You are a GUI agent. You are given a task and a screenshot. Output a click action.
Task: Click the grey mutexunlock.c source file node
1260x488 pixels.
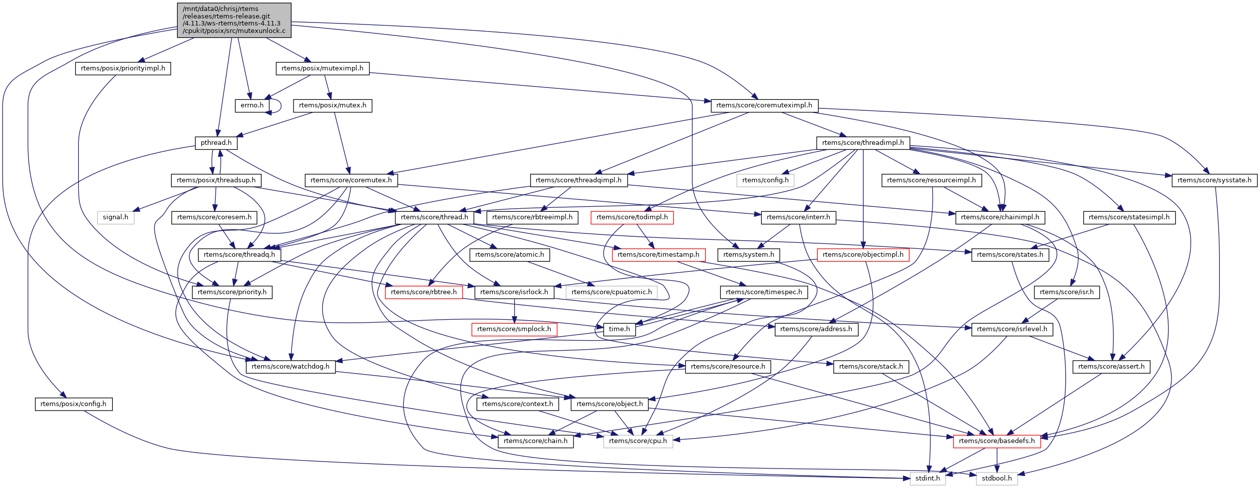[234, 20]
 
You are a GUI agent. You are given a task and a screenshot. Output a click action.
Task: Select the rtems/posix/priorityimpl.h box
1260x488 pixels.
[123, 68]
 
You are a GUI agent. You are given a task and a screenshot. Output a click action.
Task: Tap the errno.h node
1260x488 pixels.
[252, 105]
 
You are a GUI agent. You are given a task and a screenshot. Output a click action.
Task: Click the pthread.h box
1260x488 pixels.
[216, 143]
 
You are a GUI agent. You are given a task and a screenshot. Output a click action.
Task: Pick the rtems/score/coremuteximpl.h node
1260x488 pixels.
[764, 105]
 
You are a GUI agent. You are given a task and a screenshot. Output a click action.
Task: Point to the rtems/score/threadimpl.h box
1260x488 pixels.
[863, 143]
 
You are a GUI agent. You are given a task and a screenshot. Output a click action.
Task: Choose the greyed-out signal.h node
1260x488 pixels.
[115, 217]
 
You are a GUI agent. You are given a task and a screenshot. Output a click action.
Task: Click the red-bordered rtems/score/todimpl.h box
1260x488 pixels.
[632, 217]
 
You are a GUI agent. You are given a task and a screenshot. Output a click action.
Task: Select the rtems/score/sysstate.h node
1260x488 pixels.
[1214, 180]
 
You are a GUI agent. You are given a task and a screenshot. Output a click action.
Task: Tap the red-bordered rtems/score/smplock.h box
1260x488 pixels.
[514, 329]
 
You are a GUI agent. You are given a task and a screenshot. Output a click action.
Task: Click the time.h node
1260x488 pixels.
[619, 329]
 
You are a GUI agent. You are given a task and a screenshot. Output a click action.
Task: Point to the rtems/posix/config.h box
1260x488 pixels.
[73, 404]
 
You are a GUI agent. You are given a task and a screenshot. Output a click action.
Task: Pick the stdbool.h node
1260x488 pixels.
[996, 479]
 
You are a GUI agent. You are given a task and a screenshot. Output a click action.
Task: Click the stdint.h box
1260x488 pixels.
[928, 479]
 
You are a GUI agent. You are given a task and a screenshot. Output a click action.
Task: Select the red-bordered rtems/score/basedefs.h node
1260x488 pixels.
[996, 441]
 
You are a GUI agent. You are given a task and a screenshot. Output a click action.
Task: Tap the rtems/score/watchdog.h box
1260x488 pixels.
[291, 367]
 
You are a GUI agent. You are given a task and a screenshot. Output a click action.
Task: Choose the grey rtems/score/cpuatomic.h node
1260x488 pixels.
[612, 292]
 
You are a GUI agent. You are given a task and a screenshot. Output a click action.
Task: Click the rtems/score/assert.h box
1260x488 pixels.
[1111, 367]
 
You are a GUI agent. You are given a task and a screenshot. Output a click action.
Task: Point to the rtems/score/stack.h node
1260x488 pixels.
[871, 367]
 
